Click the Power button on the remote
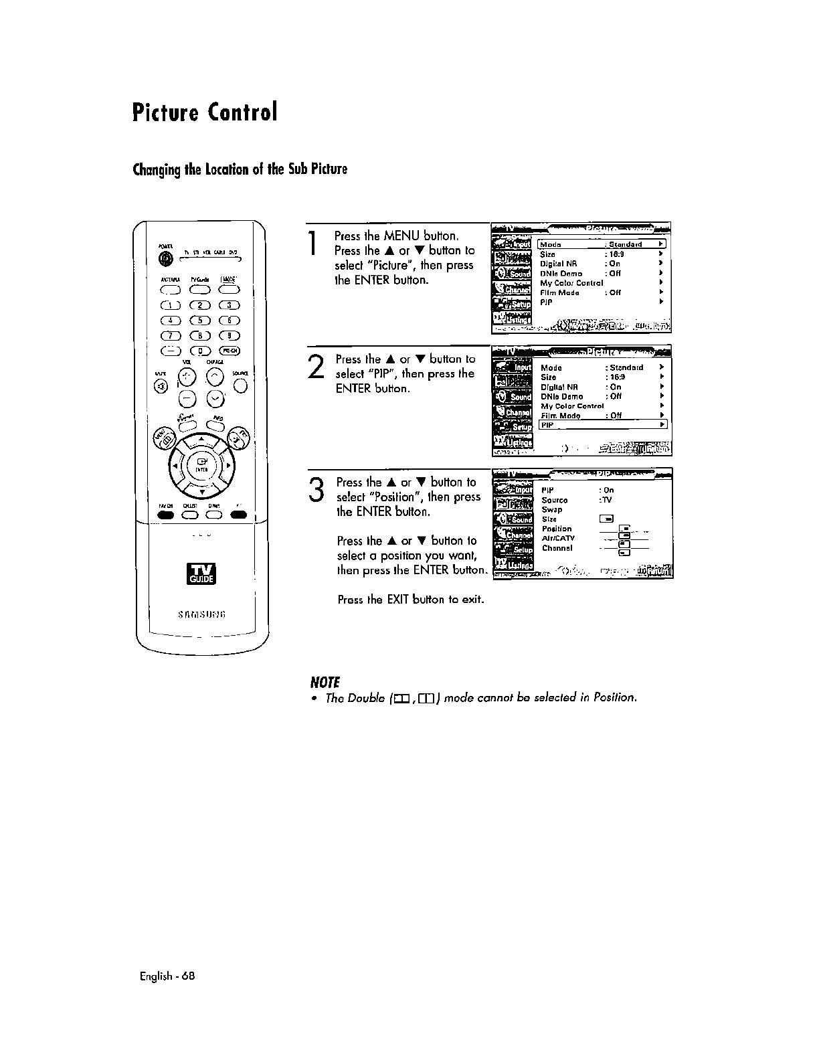tap(162, 260)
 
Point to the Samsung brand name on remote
tap(201, 616)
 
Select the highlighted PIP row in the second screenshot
tap(603, 425)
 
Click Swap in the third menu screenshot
tap(552, 509)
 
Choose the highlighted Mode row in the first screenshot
tap(602, 244)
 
